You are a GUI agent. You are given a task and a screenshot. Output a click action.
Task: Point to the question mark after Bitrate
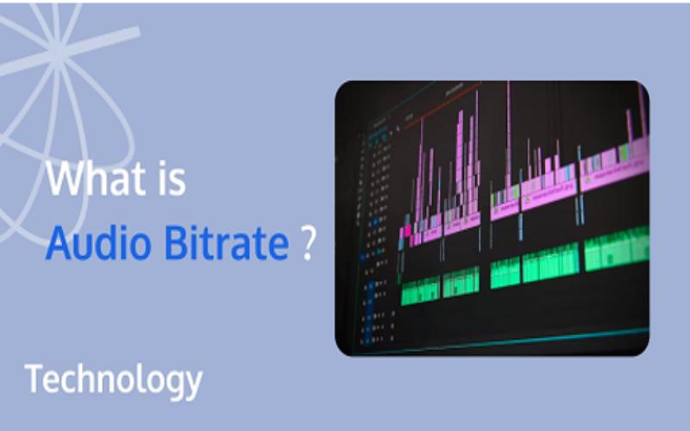307,244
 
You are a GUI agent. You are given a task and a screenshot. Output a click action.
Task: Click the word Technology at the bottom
113,379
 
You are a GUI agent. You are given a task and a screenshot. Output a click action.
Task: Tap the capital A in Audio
57,244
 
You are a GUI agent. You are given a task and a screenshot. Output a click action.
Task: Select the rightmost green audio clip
616,247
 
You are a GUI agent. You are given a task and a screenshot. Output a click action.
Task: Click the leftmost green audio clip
420,290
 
